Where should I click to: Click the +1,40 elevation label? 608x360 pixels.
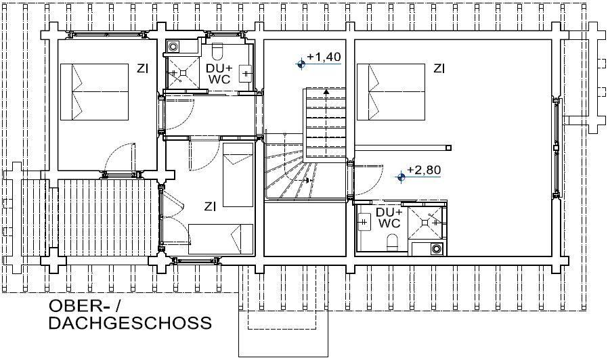(324, 57)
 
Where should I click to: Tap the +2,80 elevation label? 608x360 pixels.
(424, 170)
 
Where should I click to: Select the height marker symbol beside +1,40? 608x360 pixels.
(301, 64)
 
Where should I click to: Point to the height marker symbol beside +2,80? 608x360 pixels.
(401, 177)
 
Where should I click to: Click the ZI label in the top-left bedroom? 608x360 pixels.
(142, 69)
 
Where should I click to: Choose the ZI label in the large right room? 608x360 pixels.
(439, 69)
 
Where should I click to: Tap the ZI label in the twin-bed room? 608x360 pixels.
(210, 207)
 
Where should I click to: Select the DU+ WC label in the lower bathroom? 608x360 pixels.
(389, 218)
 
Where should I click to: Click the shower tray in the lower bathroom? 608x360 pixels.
(425, 223)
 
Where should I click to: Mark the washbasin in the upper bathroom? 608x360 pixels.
(245, 73)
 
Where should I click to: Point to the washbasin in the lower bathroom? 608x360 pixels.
(364, 223)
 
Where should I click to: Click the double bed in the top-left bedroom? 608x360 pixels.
(95, 92)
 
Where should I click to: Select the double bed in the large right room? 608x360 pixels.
(391, 92)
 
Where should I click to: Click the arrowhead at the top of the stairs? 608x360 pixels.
(326, 92)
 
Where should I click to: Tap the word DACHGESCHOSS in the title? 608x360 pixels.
(130, 323)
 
